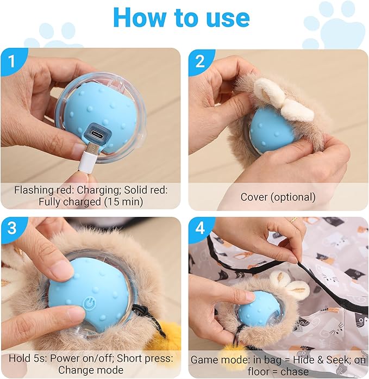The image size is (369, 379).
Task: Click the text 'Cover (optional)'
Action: pos(278,196)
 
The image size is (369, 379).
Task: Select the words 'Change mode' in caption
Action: pos(91,370)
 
